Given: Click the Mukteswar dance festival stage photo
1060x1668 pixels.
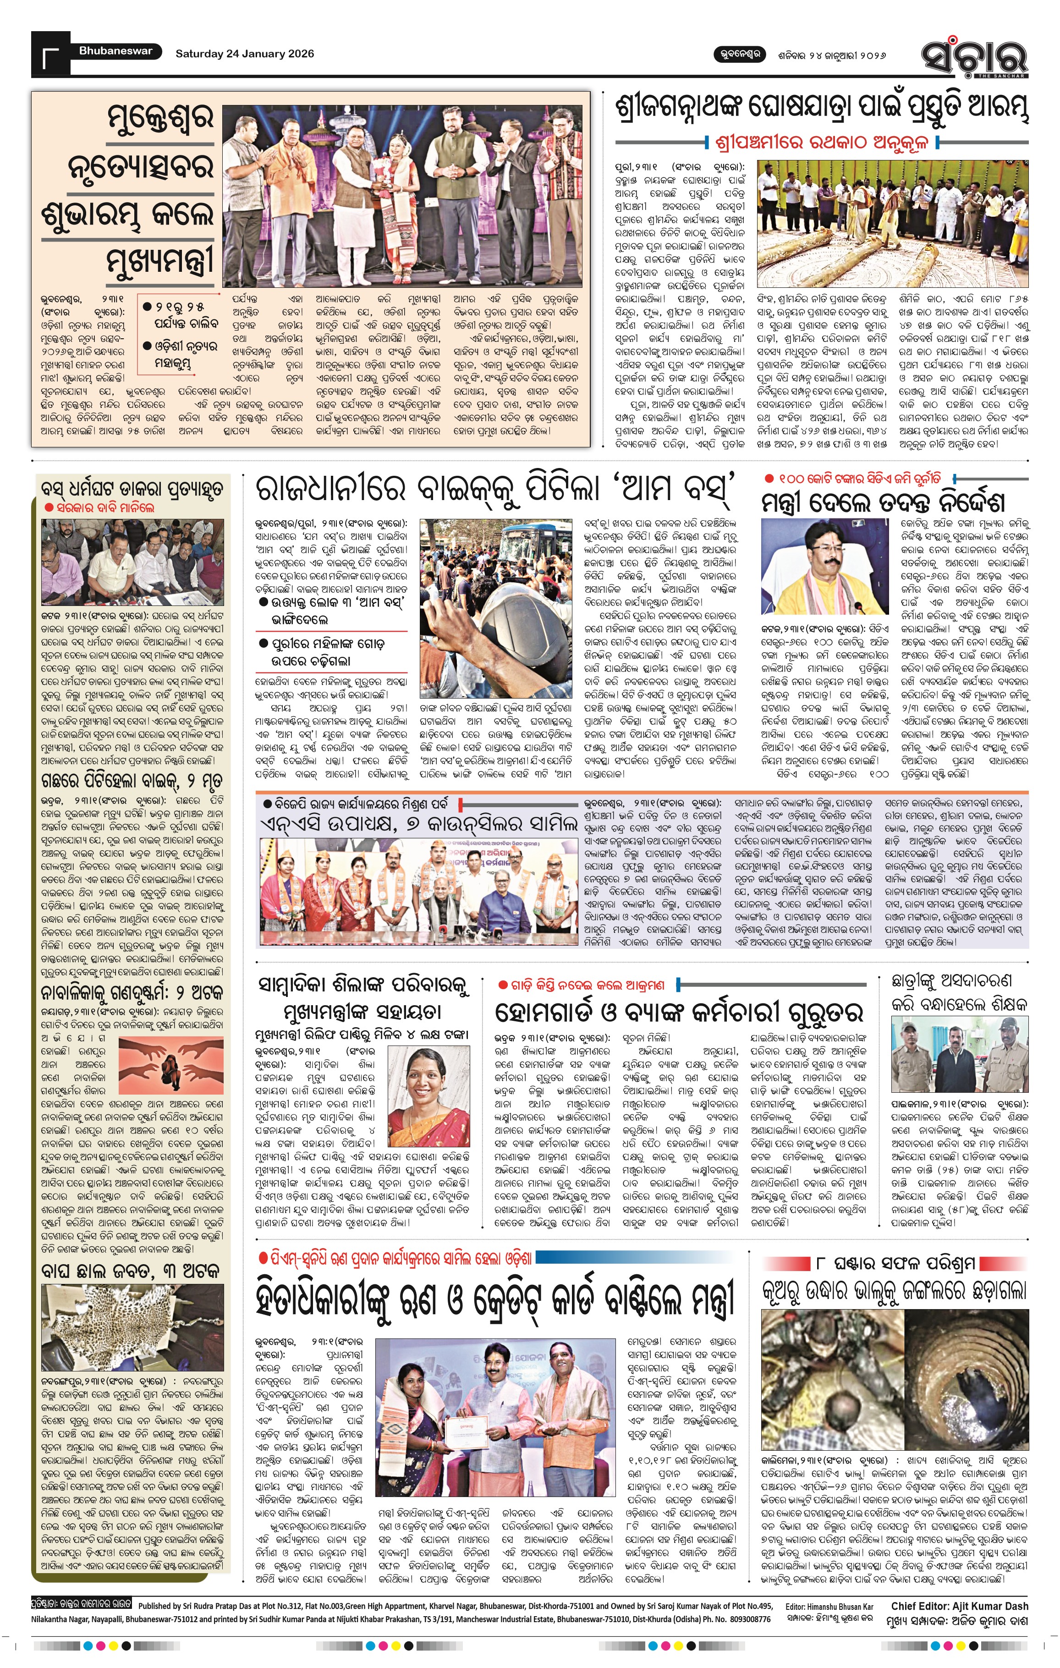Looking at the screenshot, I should coord(403,196).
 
